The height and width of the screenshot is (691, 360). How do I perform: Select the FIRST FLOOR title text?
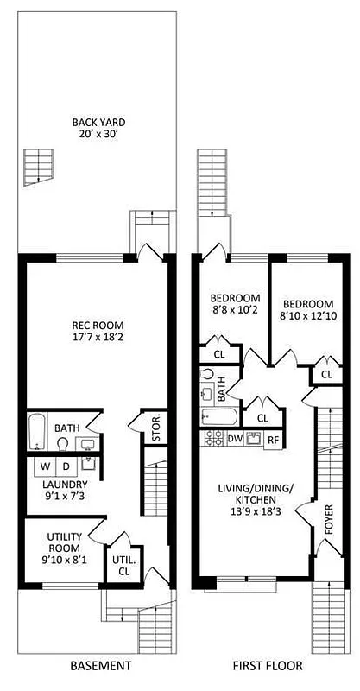coord(265,666)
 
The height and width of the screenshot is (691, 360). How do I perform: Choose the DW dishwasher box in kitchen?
coord(235,439)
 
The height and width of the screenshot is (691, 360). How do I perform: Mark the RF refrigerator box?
coord(272,439)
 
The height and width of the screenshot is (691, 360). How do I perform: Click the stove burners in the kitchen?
coord(212,439)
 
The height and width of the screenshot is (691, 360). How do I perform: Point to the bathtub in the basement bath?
coord(36,432)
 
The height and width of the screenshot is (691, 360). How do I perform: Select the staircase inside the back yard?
coord(38,167)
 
